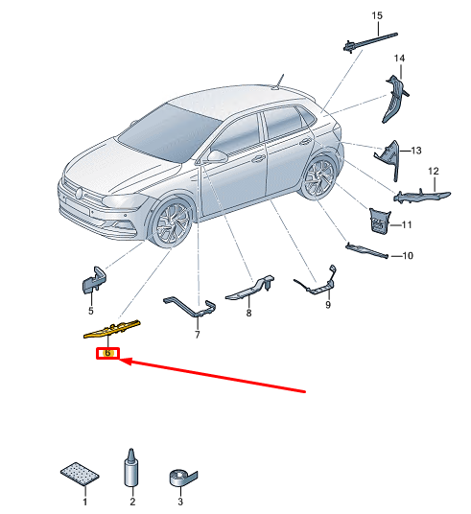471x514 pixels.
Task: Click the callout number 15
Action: (x=377, y=15)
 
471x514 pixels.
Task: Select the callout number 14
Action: (x=399, y=58)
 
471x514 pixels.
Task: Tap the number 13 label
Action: (x=416, y=151)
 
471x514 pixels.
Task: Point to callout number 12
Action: (x=434, y=171)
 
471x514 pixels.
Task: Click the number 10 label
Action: (x=408, y=256)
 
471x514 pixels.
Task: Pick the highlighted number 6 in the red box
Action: (x=107, y=353)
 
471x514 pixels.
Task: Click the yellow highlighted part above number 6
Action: (x=112, y=329)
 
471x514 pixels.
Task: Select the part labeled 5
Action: (x=93, y=280)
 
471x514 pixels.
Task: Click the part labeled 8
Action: (x=249, y=288)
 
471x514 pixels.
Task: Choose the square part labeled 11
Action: (x=380, y=221)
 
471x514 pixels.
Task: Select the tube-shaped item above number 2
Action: (x=131, y=467)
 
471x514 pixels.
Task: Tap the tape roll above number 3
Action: (x=182, y=478)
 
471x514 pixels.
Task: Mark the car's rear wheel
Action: (x=318, y=177)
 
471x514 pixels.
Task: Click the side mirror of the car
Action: (x=217, y=156)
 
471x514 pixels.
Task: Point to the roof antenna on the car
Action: (x=277, y=82)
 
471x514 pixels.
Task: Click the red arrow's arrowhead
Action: (x=126, y=362)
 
